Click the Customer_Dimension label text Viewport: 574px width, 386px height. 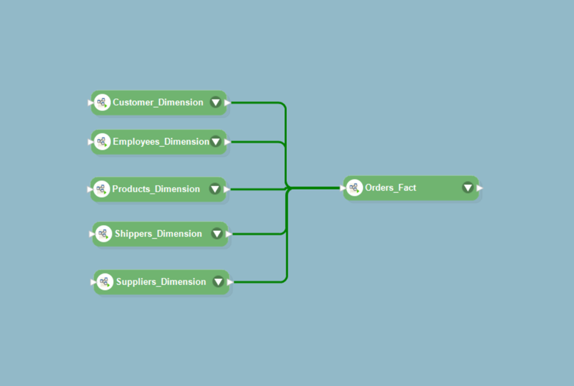click(158, 103)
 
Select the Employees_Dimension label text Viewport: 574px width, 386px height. click(161, 142)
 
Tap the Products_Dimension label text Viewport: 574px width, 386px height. click(156, 189)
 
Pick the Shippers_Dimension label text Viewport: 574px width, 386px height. click(158, 234)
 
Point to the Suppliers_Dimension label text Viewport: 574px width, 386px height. click(161, 282)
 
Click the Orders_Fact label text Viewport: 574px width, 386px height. click(390, 187)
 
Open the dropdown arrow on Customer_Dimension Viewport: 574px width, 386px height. click(215, 103)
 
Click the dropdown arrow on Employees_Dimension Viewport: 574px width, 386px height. click(215, 141)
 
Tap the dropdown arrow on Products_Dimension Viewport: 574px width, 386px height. click(215, 189)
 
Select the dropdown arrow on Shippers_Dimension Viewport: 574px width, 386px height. click(217, 233)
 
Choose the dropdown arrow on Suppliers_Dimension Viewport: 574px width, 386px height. click(218, 282)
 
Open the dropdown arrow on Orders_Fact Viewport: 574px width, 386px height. click(468, 187)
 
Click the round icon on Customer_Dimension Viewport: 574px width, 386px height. click(102, 103)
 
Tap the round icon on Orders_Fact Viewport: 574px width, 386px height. click(354, 188)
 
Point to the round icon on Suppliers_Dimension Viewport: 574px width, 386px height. click(105, 282)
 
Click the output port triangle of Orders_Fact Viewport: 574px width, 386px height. click(480, 188)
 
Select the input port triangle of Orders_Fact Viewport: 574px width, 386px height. click(343, 188)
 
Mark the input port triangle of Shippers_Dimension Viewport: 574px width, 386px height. click(92, 234)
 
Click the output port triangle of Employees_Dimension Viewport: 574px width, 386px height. click(227, 142)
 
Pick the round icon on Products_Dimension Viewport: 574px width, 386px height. click(101, 189)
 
